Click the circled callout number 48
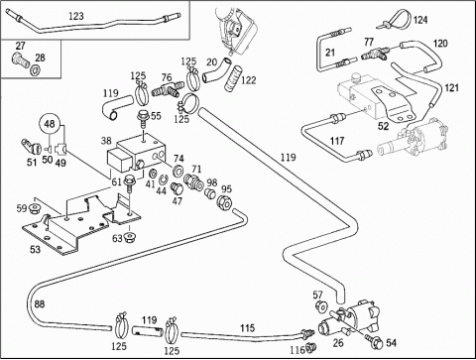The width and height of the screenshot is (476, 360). pyautogui.click(x=50, y=124)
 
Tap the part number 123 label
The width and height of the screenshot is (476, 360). pyautogui.click(x=76, y=16)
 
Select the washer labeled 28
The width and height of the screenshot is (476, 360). pyautogui.click(x=35, y=70)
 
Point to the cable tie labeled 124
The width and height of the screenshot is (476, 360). pyautogui.click(x=397, y=20)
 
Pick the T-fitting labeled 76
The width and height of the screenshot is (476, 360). pyautogui.click(x=168, y=89)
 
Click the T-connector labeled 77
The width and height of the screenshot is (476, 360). pyautogui.click(x=375, y=54)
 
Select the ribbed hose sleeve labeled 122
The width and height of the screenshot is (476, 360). pyautogui.click(x=234, y=78)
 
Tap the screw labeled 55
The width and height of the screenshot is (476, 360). pyautogui.click(x=143, y=120)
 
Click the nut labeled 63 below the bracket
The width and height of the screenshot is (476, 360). pyautogui.click(x=129, y=237)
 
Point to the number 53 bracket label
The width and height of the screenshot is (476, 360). pyautogui.click(x=35, y=249)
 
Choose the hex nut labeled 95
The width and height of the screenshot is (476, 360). pyautogui.click(x=225, y=203)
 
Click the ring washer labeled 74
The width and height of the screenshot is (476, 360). pyautogui.click(x=178, y=170)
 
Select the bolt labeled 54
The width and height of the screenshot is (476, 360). pyautogui.click(x=373, y=341)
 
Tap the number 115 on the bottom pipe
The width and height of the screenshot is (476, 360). pyautogui.click(x=247, y=328)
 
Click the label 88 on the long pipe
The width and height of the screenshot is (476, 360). pyautogui.click(x=40, y=303)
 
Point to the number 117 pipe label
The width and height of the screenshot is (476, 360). pyautogui.click(x=337, y=141)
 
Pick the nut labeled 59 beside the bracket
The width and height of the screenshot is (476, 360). pyautogui.click(x=35, y=209)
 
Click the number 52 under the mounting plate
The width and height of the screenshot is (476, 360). pyautogui.click(x=384, y=126)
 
